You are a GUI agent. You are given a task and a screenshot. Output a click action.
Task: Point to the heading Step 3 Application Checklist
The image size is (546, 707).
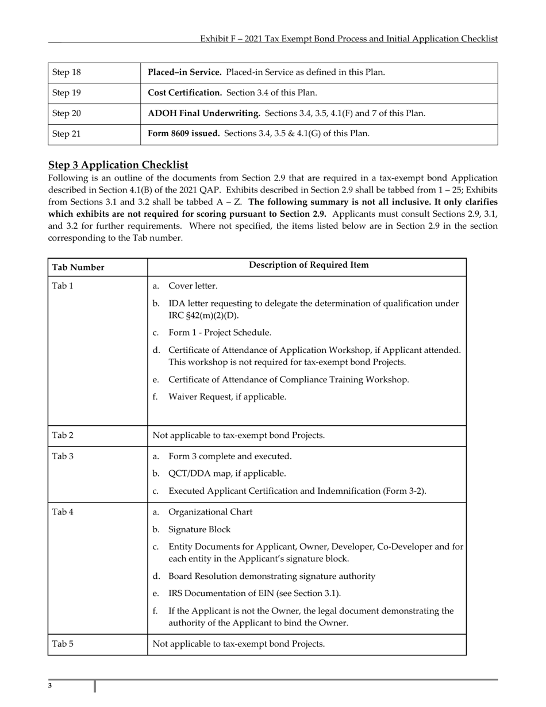(118, 165)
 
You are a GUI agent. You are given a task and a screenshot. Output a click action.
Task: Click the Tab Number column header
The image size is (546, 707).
(78, 267)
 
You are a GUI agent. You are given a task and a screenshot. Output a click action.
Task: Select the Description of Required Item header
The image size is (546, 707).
(309, 265)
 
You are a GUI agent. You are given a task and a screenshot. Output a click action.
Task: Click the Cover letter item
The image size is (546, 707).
(193, 286)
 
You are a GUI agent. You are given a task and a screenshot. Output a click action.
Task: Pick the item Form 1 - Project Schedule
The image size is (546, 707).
(220, 333)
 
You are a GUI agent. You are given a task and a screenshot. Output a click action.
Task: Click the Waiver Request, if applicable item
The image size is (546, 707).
(227, 397)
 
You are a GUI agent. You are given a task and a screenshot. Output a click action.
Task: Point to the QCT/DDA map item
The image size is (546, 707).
(227, 474)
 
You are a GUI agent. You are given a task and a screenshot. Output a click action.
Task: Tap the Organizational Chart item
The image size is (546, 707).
(210, 512)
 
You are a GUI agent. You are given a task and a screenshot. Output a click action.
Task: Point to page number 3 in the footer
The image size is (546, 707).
(50, 686)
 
